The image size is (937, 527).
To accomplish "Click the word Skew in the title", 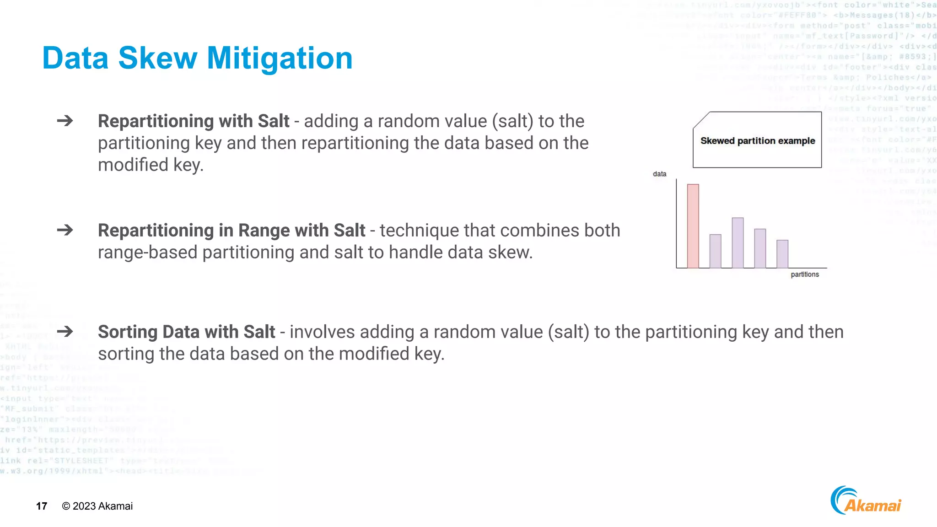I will pyautogui.click(x=157, y=59).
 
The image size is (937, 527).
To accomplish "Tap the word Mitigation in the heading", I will pyautogui.click(x=280, y=59).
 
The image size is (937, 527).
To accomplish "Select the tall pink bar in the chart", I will pyautogui.click(x=693, y=226).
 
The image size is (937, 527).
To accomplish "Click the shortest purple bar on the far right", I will pyautogui.click(x=782, y=254).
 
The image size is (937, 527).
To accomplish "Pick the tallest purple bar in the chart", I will pyautogui.click(x=738, y=242).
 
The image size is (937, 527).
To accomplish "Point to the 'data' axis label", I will pyautogui.click(x=659, y=174).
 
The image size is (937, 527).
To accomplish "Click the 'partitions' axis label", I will pyautogui.click(x=804, y=274).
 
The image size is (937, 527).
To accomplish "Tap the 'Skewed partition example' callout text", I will pyautogui.click(x=757, y=141).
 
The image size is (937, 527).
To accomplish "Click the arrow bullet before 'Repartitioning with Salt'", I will pyautogui.click(x=65, y=121).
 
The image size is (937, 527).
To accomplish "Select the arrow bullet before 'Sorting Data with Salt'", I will pyautogui.click(x=65, y=331).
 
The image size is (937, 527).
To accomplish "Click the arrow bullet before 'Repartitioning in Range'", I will pyautogui.click(x=65, y=230).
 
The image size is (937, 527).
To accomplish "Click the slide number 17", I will pyautogui.click(x=42, y=506).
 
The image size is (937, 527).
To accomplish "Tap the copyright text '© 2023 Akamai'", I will pyautogui.click(x=97, y=506).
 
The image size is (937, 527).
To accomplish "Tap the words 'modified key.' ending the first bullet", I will pyautogui.click(x=151, y=165).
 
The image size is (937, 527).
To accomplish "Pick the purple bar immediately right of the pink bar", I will pyautogui.click(x=715, y=251).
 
